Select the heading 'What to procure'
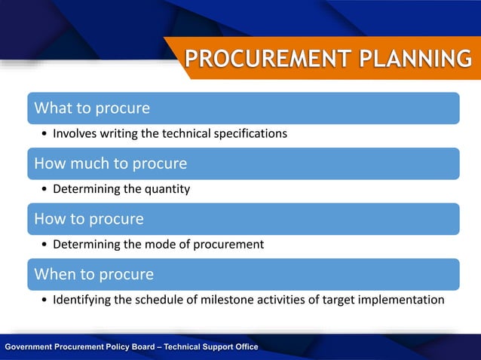click(92, 108)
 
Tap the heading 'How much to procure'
click(111, 163)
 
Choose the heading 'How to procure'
click(89, 218)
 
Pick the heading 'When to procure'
click(94, 274)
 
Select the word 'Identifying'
click(81, 300)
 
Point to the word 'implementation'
click(402, 300)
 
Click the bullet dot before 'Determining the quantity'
click(45, 190)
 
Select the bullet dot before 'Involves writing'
click(45, 134)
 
